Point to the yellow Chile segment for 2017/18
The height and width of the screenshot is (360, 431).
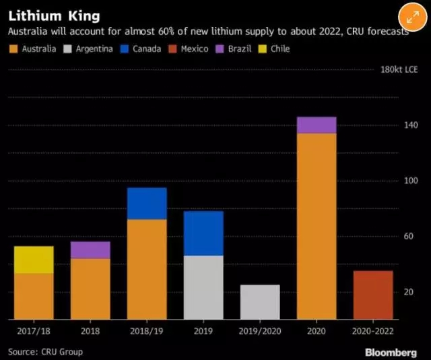click(34, 260)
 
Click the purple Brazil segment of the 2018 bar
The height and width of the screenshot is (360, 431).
click(90, 250)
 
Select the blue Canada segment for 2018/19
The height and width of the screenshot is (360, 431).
click(147, 204)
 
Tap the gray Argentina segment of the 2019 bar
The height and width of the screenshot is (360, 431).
click(203, 287)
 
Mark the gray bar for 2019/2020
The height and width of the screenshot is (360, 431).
click(260, 302)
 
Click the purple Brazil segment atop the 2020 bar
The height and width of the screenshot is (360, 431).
click(317, 125)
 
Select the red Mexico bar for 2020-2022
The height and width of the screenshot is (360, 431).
click(373, 295)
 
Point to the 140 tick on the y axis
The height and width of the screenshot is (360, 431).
click(411, 125)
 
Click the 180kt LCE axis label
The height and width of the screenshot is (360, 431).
click(399, 70)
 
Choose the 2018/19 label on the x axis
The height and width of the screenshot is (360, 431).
click(147, 332)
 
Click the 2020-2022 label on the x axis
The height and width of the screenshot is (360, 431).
click(373, 332)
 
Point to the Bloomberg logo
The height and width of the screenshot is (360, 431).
click(391, 352)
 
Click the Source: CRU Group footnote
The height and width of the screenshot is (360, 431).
click(45, 352)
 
